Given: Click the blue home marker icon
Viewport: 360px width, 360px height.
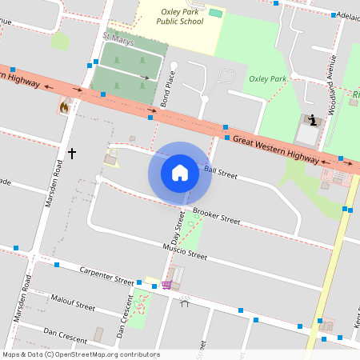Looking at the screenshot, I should point(180,172).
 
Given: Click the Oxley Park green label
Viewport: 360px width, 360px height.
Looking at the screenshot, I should point(267,78).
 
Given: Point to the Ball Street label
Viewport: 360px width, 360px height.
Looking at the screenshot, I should point(221,171).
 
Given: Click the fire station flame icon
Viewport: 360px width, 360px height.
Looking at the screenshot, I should point(64,106).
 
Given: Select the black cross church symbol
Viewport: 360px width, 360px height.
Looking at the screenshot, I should point(72,152).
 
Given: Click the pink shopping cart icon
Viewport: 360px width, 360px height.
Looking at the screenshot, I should point(166,284).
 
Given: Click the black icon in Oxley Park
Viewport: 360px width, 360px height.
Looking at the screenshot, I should point(311,121).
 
